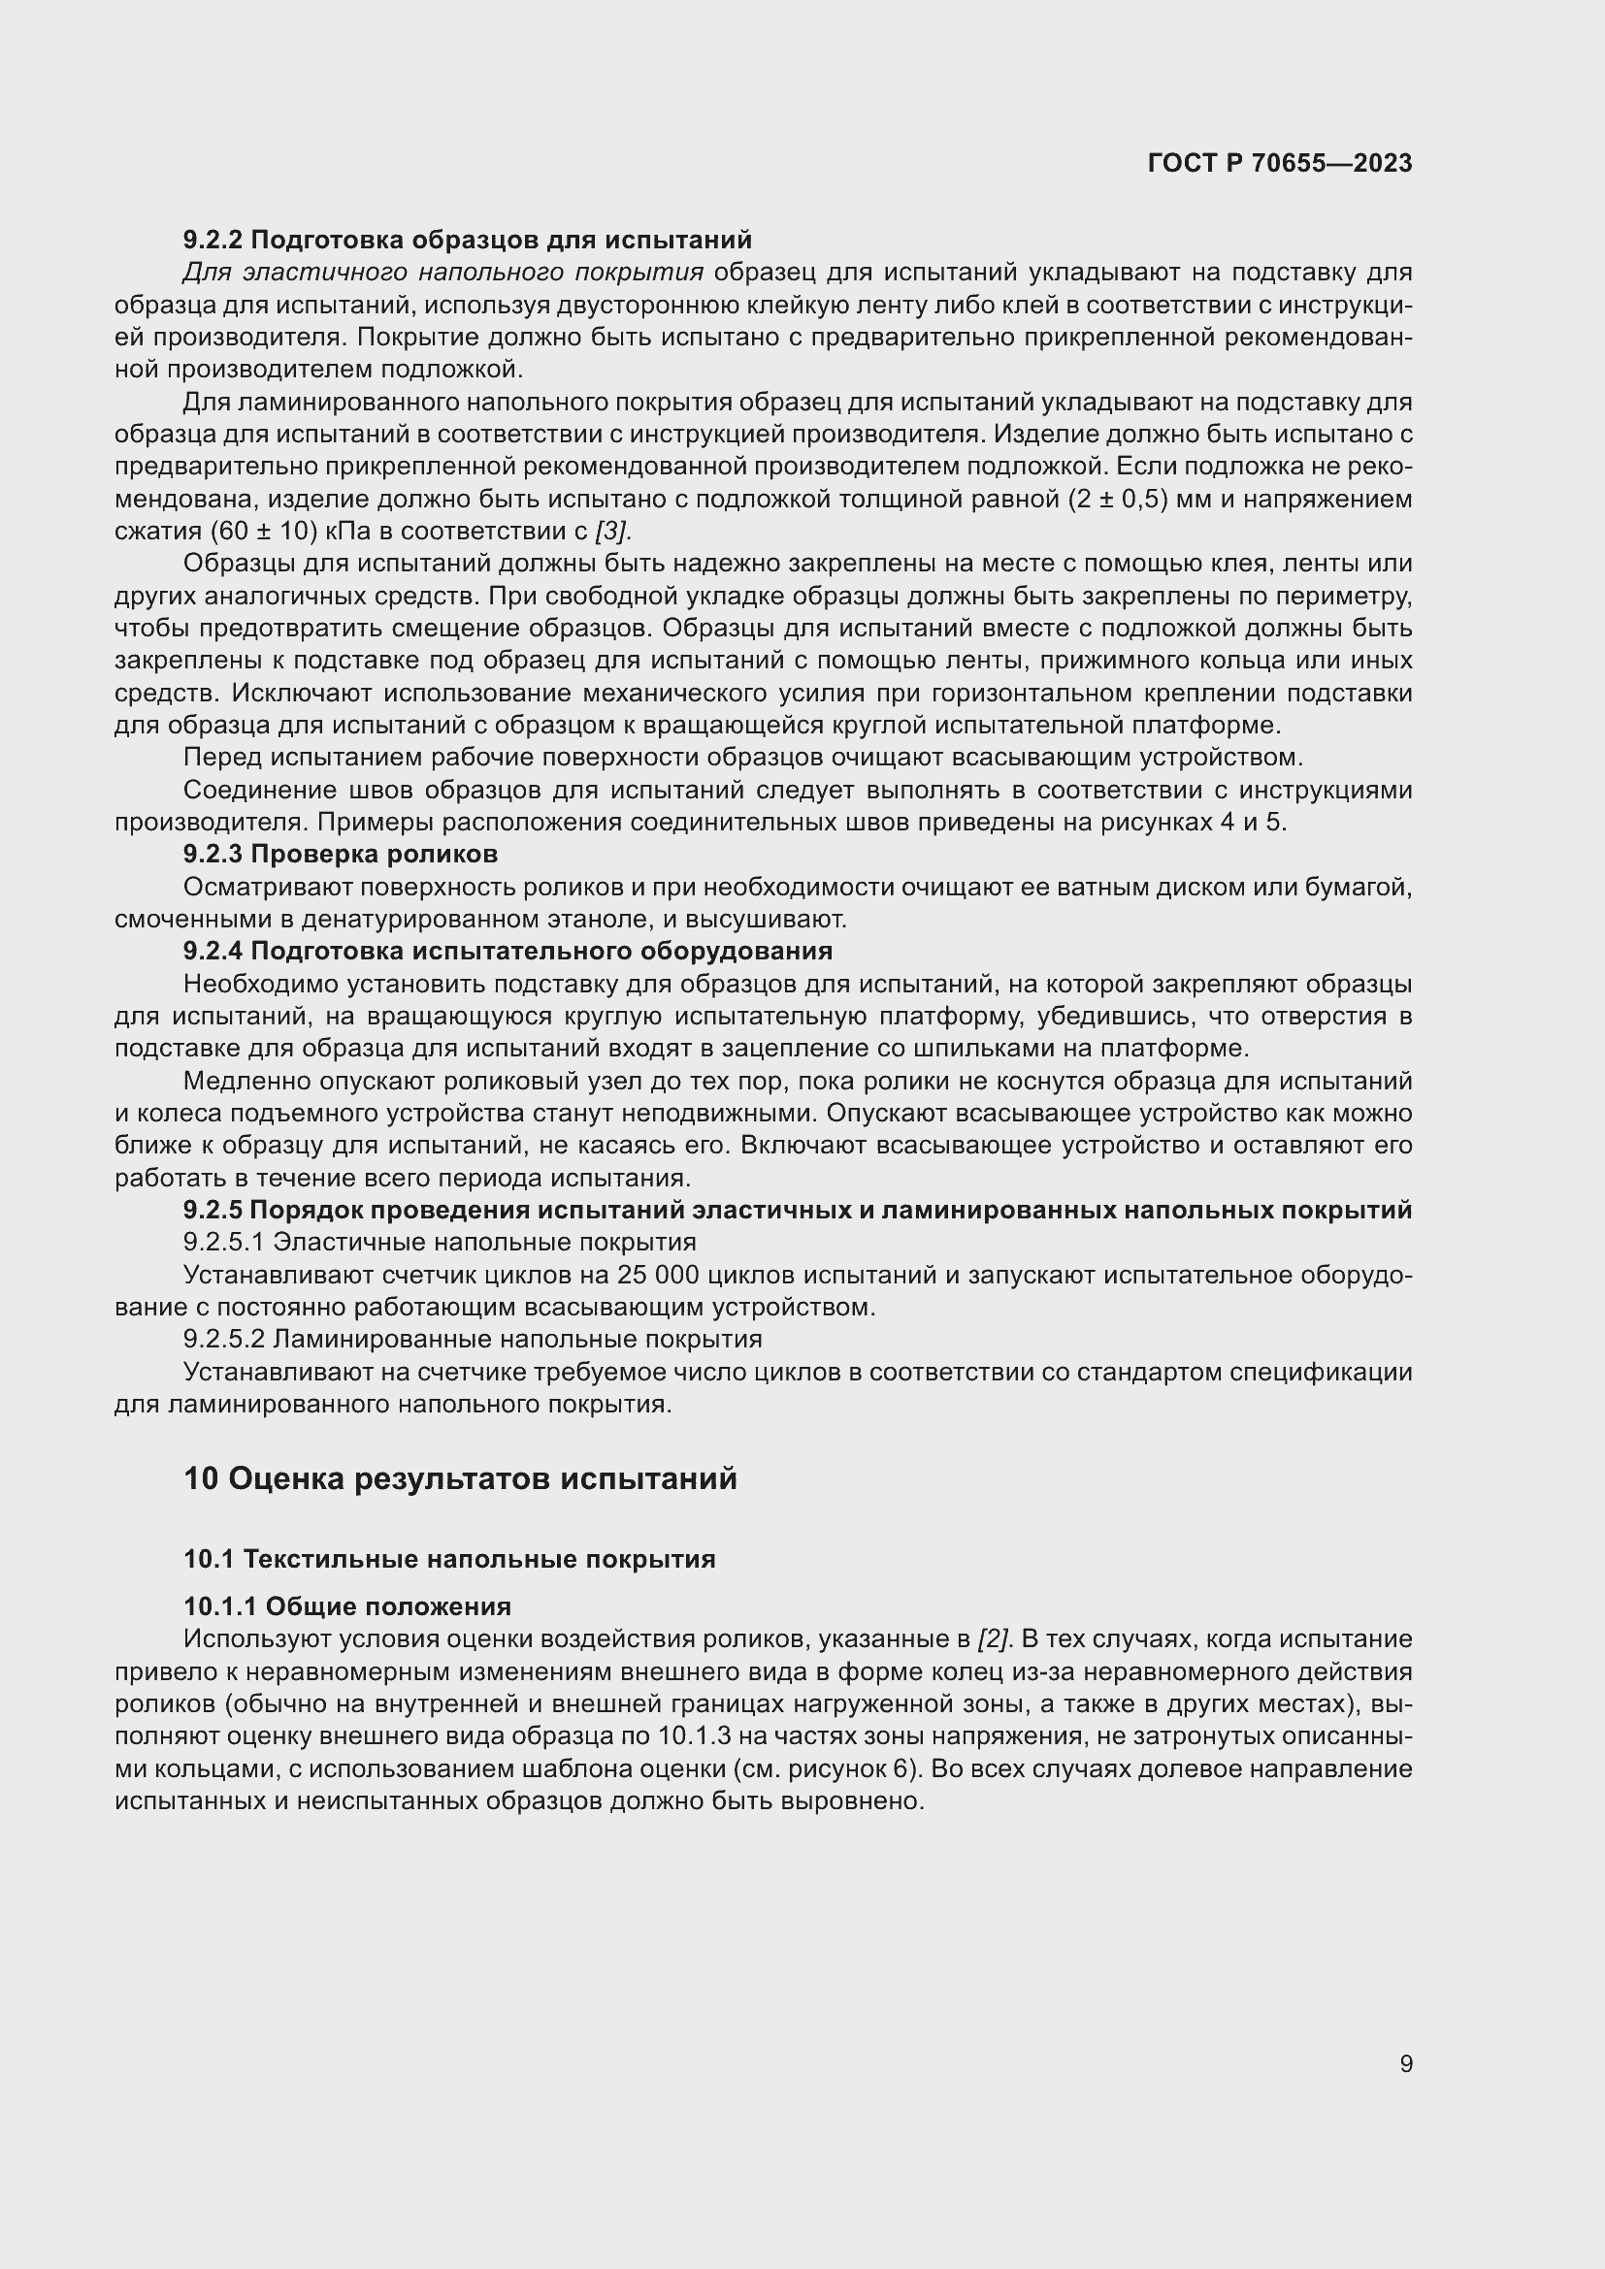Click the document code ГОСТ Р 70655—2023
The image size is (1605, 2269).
(1280, 163)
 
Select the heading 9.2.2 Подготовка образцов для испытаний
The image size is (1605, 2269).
(468, 240)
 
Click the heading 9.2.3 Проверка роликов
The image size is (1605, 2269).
(340, 854)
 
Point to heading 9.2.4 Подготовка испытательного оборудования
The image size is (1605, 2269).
(508, 951)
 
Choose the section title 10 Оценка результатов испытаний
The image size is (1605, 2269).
(461, 1479)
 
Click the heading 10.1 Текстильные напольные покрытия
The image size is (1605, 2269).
(449, 1560)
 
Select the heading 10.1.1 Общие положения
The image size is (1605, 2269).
(348, 1606)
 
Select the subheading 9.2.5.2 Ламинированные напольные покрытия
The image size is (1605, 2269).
(473, 1339)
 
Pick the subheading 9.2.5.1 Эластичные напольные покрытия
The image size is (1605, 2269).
(440, 1243)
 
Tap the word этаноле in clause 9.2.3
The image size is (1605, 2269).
(600, 919)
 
